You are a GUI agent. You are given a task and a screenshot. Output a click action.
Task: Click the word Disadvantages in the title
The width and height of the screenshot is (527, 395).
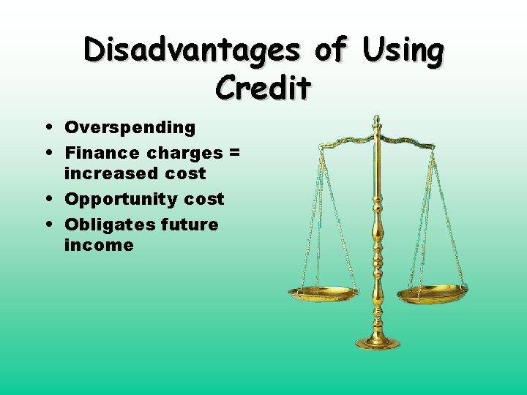[192, 51]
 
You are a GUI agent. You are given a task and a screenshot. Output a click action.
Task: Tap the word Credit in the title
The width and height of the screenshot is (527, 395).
[263, 88]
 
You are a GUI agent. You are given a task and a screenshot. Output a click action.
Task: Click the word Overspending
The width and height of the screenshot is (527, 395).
[130, 128]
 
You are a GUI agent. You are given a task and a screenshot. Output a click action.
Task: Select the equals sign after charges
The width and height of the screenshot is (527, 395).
[234, 153]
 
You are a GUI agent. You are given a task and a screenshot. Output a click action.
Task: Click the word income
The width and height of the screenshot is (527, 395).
[99, 245]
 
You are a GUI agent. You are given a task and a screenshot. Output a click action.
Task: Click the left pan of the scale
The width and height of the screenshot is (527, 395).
[323, 293]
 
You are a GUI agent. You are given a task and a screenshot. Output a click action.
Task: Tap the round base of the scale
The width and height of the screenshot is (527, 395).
[378, 342]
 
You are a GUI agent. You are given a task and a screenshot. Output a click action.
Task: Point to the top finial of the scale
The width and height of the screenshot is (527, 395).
[376, 120]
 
